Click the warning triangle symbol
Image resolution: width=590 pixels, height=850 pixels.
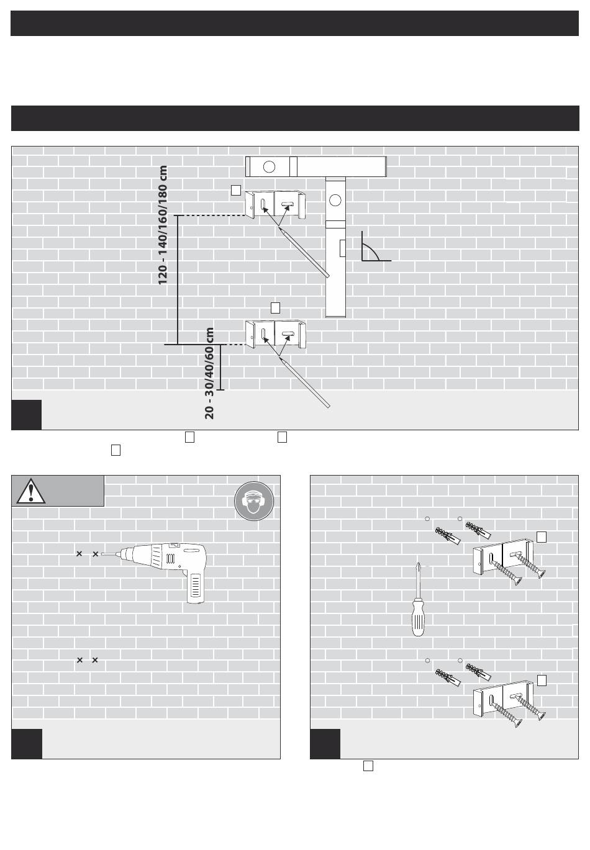[x=30, y=491]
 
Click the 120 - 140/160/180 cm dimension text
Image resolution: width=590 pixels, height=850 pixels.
[x=163, y=225]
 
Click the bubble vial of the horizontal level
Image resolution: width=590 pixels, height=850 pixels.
[x=269, y=166]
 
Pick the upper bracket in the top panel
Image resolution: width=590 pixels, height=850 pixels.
[x=276, y=205]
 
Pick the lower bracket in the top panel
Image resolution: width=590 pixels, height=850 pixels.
[x=276, y=334]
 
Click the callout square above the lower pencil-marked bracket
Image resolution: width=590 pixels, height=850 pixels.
[x=276, y=307]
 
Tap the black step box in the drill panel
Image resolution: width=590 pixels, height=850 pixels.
[x=27, y=743]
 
